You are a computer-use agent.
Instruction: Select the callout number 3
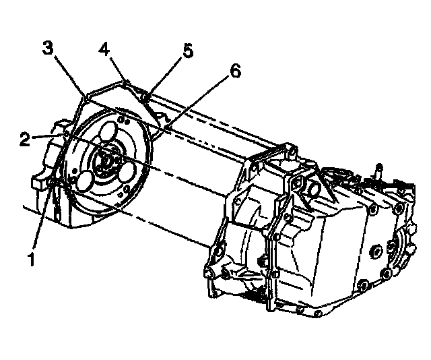click(x=47, y=48)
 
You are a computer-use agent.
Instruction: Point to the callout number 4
click(x=104, y=49)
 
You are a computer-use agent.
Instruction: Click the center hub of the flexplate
click(x=106, y=160)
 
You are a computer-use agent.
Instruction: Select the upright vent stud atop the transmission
click(x=380, y=170)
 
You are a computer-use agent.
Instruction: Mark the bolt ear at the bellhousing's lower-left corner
click(x=213, y=273)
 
